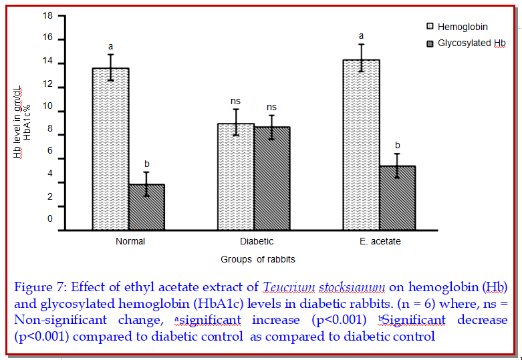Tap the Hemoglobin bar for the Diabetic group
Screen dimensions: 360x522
[x=235, y=176]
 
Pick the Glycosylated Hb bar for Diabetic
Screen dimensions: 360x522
[x=271, y=178]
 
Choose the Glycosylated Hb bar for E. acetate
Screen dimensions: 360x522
[x=397, y=198]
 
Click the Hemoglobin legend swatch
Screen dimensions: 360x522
[x=430, y=27]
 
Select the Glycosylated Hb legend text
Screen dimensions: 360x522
[x=472, y=43]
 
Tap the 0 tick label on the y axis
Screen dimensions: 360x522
[x=49, y=218]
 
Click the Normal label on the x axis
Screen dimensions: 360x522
[x=130, y=241]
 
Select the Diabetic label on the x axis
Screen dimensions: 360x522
[x=257, y=241]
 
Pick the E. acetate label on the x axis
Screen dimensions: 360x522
[x=380, y=241]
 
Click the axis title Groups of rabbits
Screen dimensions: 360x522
[x=258, y=258]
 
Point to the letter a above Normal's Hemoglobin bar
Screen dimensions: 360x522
[x=111, y=47]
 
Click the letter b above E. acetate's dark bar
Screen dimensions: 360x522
[x=398, y=145]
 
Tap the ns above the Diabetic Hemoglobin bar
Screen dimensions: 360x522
[x=235, y=101]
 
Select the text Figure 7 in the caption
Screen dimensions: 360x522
[x=39, y=288]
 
